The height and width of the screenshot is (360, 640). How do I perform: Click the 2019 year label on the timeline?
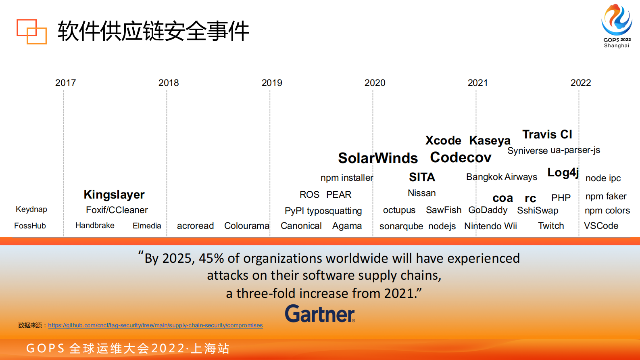click(x=272, y=83)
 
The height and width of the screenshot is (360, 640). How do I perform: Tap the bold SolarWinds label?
click(x=378, y=158)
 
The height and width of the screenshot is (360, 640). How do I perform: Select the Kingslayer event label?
click(x=114, y=195)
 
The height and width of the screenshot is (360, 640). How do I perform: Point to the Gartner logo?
click(x=320, y=314)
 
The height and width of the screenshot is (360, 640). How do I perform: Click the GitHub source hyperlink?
click(x=155, y=325)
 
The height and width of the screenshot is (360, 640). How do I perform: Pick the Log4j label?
click(x=563, y=173)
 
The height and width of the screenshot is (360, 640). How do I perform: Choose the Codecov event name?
click(x=461, y=157)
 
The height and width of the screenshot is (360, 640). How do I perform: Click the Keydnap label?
click(x=31, y=209)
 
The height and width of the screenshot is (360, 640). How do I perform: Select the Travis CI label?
click(x=547, y=134)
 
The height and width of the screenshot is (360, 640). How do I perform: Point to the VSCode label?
click(x=601, y=226)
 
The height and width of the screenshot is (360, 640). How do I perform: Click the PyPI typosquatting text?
click(x=323, y=211)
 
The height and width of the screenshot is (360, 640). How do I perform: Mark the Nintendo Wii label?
click(x=490, y=226)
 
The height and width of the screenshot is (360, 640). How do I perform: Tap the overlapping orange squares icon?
click(x=31, y=31)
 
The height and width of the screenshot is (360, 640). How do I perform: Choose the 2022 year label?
click(x=580, y=83)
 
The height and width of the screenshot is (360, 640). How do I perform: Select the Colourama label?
click(x=246, y=226)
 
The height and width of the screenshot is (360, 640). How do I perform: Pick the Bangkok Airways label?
click(x=502, y=177)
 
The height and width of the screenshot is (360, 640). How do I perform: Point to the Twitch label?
click(x=551, y=226)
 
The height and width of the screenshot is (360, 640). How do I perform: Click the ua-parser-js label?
click(x=575, y=150)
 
